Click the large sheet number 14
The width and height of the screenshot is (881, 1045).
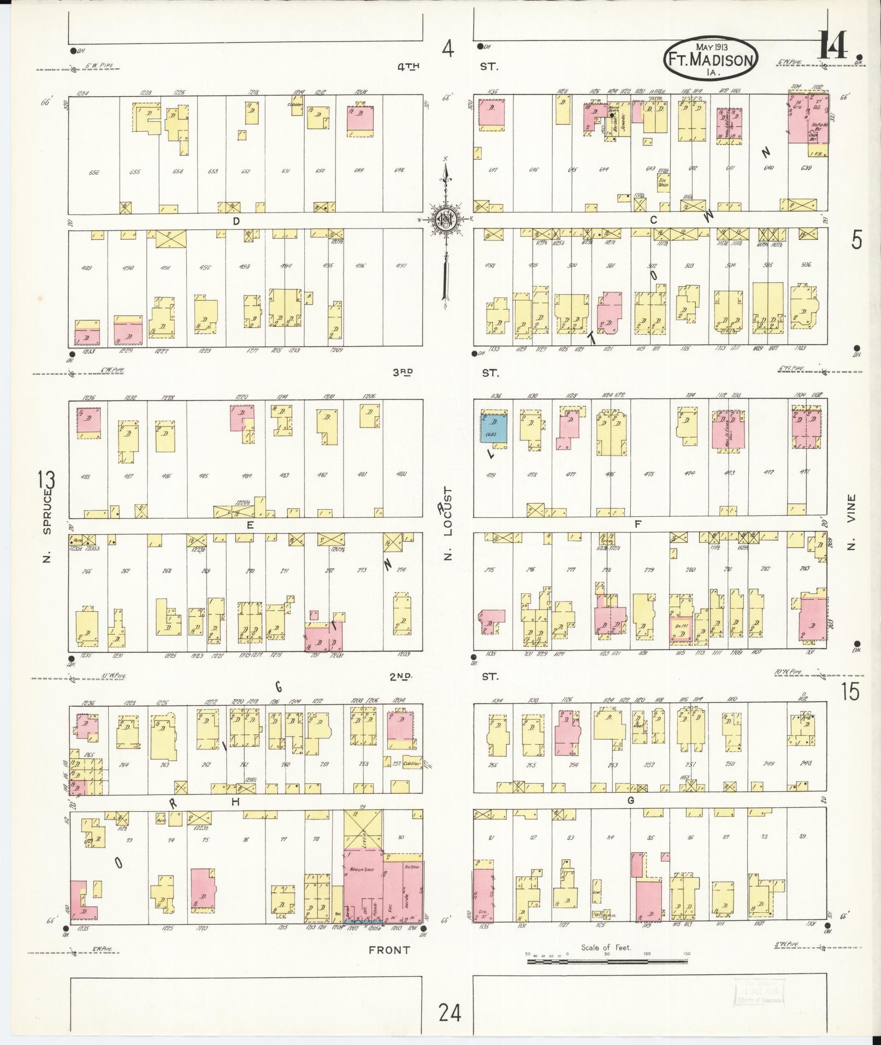click(833, 45)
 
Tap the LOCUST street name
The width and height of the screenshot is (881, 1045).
click(449, 512)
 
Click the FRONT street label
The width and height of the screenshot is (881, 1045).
click(389, 950)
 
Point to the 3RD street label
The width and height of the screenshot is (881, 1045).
click(403, 372)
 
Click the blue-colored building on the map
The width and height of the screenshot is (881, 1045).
click(494, 428)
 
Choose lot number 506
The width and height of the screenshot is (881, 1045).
click(806, 264)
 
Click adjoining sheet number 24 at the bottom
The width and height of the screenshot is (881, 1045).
click(449, 1012)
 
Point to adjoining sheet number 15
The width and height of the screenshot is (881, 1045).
click(850, 692)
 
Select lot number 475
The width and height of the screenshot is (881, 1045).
click(648, 474)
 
